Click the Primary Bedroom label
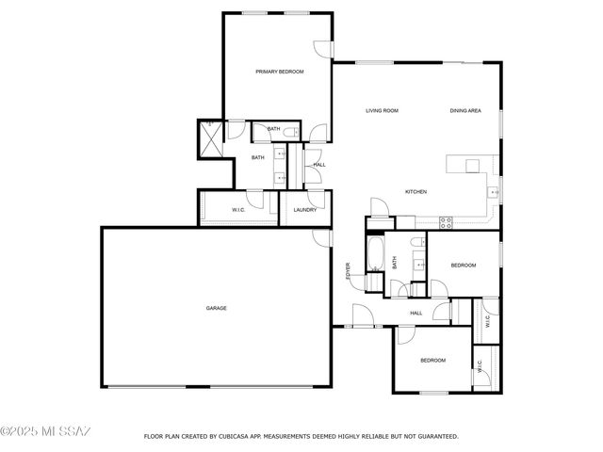[x=279, y=72]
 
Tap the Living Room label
[x=382, y=111]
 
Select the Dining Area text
[x=465, y=111]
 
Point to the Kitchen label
[x=416, y=192]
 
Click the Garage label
[x=217, y=308]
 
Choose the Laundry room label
[x=304, y=210]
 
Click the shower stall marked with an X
[x=209, y=138]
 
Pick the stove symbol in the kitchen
[x=446, y=222]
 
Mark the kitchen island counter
[x=467, y=165]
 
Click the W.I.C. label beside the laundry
[x=238, y=210]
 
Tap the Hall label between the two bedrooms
[x=416, y=314]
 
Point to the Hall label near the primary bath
[x=319, y=165]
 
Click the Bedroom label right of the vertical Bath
[x=463, y=266]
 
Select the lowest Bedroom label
[x=432, y=361]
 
